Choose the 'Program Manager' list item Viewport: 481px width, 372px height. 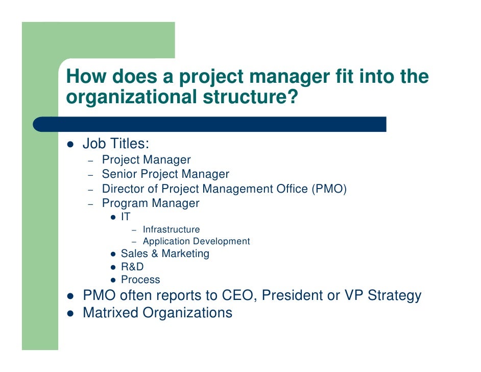tap(151, 203)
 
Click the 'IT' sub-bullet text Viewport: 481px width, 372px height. tap(126, 217)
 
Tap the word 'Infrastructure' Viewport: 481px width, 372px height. tap(171, 229)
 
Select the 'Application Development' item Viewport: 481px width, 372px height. tap(196, 241)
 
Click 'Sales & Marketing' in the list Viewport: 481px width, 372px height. tap(165, 253)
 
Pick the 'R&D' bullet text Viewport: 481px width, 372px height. tap(132, 267)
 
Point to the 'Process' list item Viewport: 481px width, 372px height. tap(140, 280)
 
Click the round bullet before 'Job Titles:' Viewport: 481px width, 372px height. tap(70, 145)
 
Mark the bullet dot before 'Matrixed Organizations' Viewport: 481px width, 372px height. tap(70, 313)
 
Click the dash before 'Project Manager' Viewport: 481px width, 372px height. tap(90, 161)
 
